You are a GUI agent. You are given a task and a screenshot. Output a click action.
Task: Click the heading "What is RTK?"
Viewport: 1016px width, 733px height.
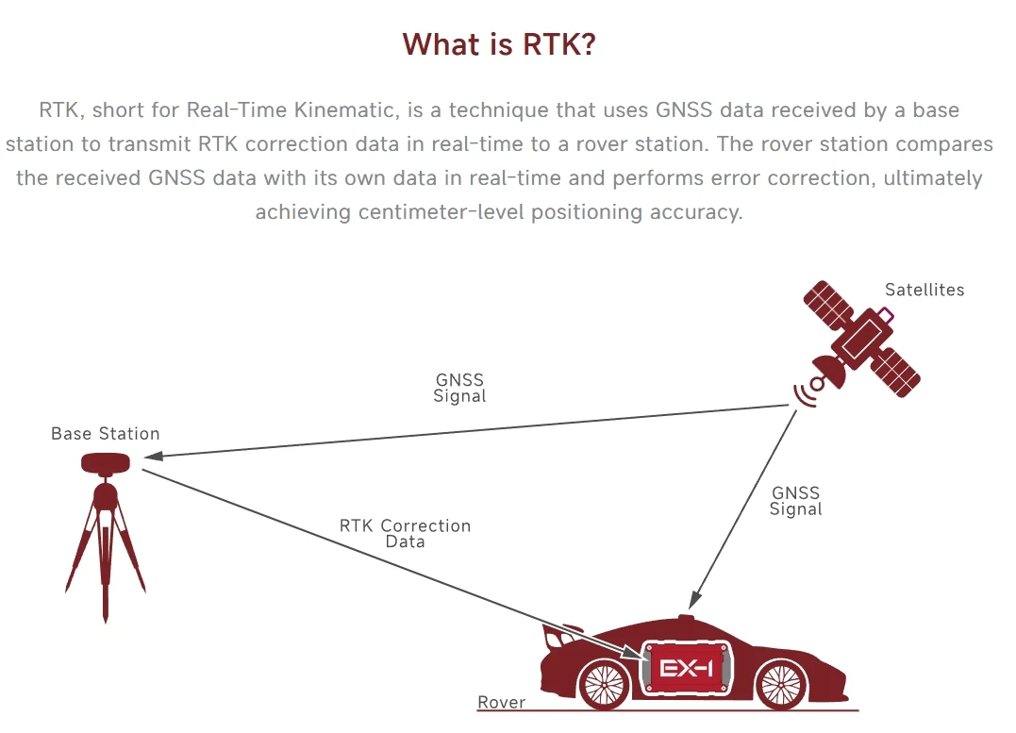click(499, 44)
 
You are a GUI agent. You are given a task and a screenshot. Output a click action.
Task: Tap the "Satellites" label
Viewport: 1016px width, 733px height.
click(924, 290)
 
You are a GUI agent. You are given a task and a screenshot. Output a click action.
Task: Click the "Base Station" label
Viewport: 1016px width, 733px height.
click(105, 434)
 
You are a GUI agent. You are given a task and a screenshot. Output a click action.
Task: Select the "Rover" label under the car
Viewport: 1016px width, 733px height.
click(501, 703)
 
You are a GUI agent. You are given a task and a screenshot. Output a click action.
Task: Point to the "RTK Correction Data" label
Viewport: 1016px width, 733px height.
click(405, 533)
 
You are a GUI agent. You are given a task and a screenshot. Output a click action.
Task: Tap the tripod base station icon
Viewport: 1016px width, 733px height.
click(105, 533)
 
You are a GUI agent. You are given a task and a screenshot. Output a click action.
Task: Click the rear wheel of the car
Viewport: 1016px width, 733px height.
click(603, 681)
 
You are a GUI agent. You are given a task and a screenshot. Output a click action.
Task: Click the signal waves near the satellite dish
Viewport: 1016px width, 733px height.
click(805, 393)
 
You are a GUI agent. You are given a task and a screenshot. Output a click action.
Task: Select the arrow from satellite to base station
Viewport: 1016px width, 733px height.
click(472, 431)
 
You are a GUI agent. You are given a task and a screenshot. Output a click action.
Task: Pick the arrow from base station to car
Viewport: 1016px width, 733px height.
click(377, 557)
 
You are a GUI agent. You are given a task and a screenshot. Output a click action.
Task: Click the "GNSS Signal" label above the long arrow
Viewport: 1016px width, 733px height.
click(459, 388)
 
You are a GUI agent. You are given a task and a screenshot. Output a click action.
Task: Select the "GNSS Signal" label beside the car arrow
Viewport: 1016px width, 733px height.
click(795, 501)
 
